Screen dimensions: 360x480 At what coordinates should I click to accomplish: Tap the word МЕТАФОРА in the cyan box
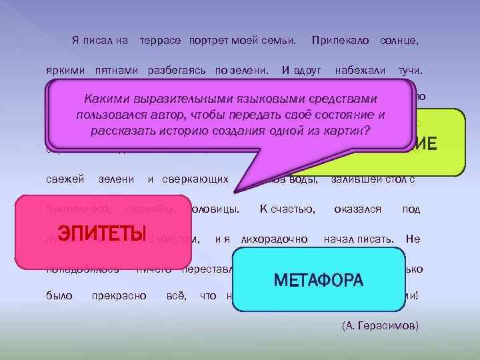[x=319, y=280]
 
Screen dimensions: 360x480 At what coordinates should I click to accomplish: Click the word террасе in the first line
[x=160, y=41]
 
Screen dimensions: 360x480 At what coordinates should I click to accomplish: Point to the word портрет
[x=209, y=41]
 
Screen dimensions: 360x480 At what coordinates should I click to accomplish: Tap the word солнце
[x=399, y=41]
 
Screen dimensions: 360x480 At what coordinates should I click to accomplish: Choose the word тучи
[x=413, y=69]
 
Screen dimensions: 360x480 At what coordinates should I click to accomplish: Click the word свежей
[x=65, y=179]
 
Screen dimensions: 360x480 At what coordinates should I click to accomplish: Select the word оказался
[x=358, y=209]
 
